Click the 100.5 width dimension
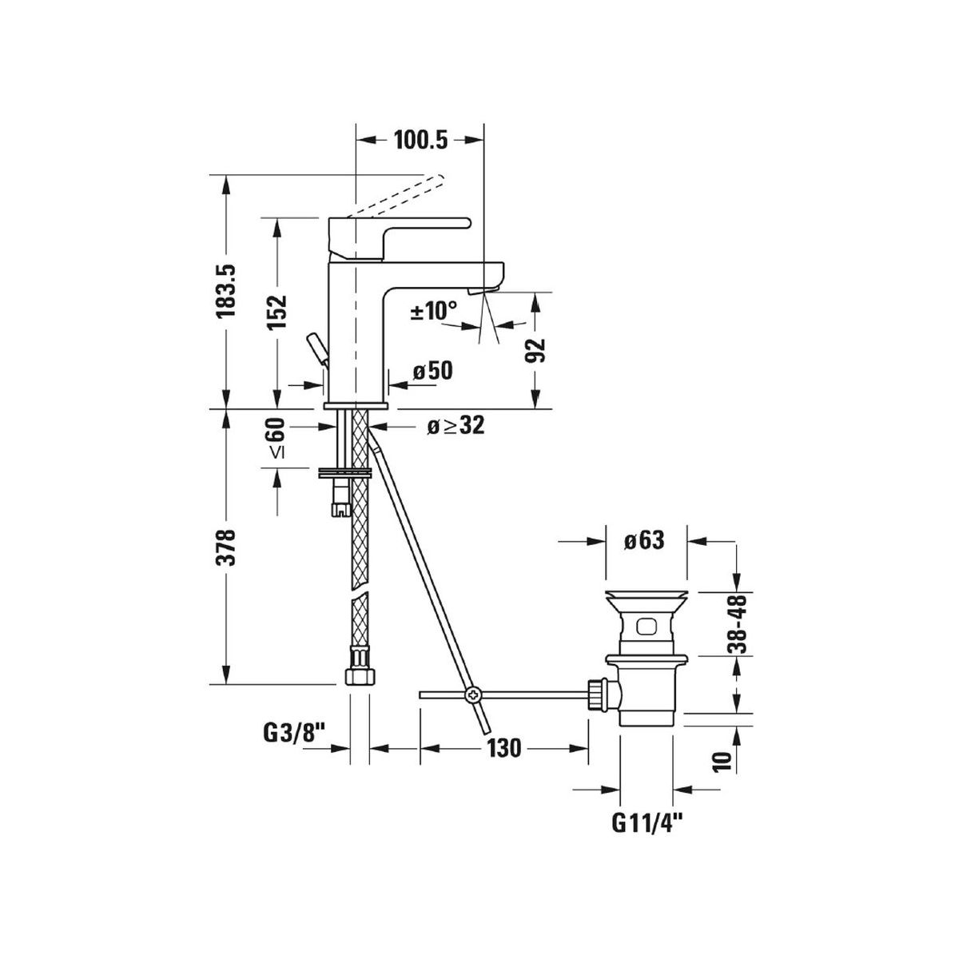[420, 141]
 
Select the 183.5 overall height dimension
[225, 291]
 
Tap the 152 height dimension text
[277, 312]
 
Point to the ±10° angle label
[433, 311]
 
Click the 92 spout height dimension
[535, 351]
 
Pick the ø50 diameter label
[432, 371]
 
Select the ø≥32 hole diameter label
[456, 426]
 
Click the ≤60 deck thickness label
[277, 438]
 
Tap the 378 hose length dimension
[225, 547]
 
